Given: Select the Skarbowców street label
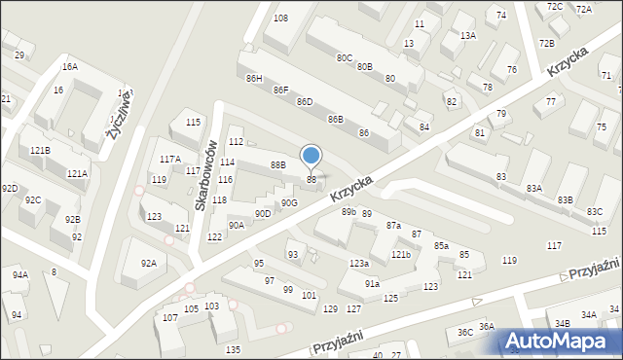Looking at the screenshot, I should (204, 175).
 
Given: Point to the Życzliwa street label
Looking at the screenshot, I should (121, 114).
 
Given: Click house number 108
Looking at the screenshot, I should (280, 18).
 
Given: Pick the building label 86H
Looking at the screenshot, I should (254, 78).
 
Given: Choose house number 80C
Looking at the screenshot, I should (345, 57).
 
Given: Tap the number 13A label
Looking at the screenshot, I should (468, 35).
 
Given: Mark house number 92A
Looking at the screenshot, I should (148, 263).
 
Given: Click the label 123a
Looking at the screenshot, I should (359, 264).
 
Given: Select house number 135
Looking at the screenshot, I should (232, 349).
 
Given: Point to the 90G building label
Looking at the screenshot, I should (289, 202).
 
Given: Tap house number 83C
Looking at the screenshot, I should (594, 212).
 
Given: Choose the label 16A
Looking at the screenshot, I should (70, 66).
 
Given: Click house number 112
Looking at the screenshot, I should (236, 142).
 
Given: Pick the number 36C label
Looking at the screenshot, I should (464, 333).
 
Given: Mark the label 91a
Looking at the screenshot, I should (372, 283).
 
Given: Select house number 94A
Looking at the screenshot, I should (19, 275).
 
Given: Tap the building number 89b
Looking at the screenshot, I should (348, 212).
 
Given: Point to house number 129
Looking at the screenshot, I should (330, 308).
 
